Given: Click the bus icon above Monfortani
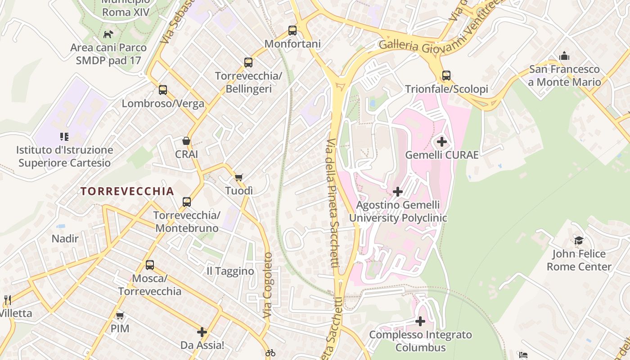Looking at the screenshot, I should [x=292, y=31].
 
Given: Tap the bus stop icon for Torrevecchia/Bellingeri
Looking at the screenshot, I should [x=248, y=63].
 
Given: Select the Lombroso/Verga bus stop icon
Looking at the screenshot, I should [x=163, y=90].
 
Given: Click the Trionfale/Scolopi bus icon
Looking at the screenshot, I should [x=446, y=76].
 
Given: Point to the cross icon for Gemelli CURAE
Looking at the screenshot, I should [x=442, y=142].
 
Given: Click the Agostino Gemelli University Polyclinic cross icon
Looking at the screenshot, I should [x=398, y=192].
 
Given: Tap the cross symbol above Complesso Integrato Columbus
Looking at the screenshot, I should [x=420, y=321].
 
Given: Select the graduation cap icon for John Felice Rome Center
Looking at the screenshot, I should [x=579, y=241].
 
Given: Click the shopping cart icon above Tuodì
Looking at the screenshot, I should [x=239, y=177].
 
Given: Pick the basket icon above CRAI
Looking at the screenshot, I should [x=186, y=141].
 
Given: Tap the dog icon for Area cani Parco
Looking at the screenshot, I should [x=108, y=34].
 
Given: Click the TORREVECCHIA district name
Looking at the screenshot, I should [x=127, y=191].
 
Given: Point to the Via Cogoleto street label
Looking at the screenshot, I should [x=268, y=286].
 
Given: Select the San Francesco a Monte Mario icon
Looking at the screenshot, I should [x=564, y=56].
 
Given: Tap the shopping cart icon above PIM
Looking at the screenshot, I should [x=120, y=315].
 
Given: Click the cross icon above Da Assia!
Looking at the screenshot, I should [x=202, y=333].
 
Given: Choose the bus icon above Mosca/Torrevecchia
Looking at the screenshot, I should [x=150, y=265].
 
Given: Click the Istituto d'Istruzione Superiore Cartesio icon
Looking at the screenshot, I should [x=64, y=136].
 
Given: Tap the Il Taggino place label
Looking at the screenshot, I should [x=230, y=271].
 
